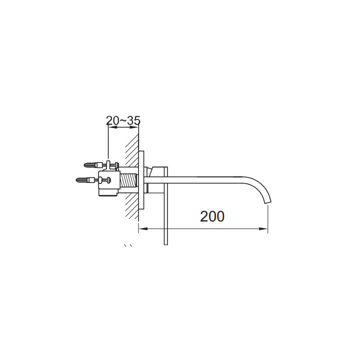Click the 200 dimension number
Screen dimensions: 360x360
212,216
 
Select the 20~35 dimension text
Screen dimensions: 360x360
123,120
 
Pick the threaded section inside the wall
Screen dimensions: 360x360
129,180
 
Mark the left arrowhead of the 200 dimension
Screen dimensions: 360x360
141,228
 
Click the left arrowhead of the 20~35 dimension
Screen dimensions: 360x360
111,127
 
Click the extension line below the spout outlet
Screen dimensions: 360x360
268,220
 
